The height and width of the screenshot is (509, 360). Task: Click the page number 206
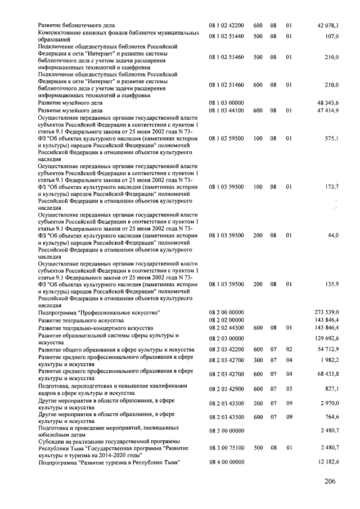[332, 481]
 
